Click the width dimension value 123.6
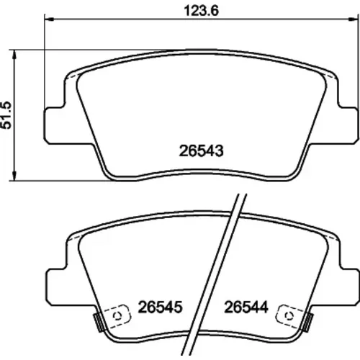pyautogui.click(x=201, y=11)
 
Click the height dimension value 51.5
pyautogui.click(x=6, y=115)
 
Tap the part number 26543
pyautogui.click(x=201, y=151)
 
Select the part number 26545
pyautogui.click(x=160, y=307)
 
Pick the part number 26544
pyautogui.click(x=246, y=307)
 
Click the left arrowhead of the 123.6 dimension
pyautogui.click(x=49, y=19)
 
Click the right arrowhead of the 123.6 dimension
pyautogui.click(x=354, y=19)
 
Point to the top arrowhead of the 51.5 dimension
pyautogui.click(x=14, y=54)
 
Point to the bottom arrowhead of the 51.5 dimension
pyautogui.click(x=14, y=176)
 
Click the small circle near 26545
pyautogui.click(x=117, y=316)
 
